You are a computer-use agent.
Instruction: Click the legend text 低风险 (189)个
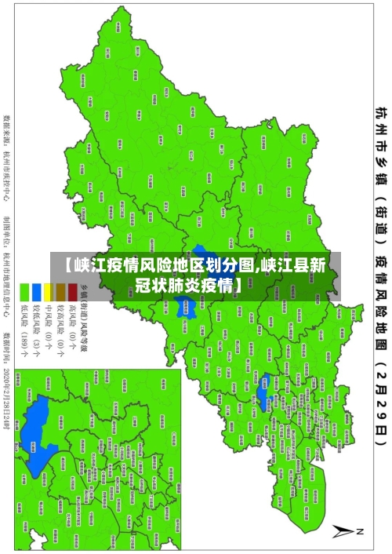tap(24, 330)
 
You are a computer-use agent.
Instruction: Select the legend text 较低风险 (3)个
tap(37, 330)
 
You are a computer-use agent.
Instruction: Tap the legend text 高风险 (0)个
tap(72, 326)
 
